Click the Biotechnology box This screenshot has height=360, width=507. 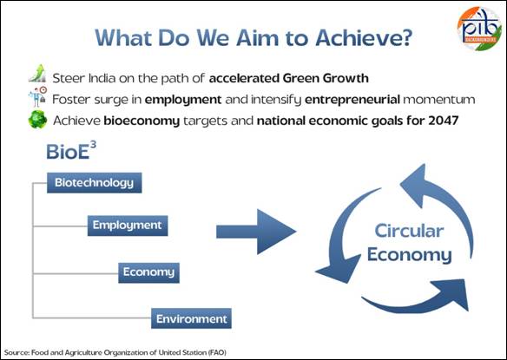(95, 183)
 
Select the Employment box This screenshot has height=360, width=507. (128, 226)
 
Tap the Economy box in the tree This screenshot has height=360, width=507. (148, 272)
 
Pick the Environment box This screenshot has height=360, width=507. (191, 318)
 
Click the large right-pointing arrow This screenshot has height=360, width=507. (256, 232)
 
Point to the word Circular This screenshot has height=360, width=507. (409, 231)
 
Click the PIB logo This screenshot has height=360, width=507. (479, 29)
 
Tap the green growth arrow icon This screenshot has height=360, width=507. (37, 73)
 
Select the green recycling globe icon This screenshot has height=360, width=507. (37, 120)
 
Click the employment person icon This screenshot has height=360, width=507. (37, 96)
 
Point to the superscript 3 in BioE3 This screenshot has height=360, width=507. (93, 145)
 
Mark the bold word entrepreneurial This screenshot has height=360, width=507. (352, 99)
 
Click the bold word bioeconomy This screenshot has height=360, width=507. (142, 121)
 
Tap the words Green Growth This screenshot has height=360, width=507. (326, 78)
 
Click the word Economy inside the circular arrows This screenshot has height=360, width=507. (410, 255)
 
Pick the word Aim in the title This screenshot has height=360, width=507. (257, 38)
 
